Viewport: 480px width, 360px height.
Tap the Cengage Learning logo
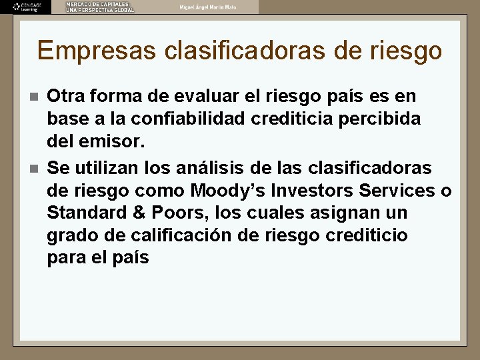27,7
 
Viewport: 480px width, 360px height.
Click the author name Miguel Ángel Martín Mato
207,7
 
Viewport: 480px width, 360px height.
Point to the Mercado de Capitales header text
99,7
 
